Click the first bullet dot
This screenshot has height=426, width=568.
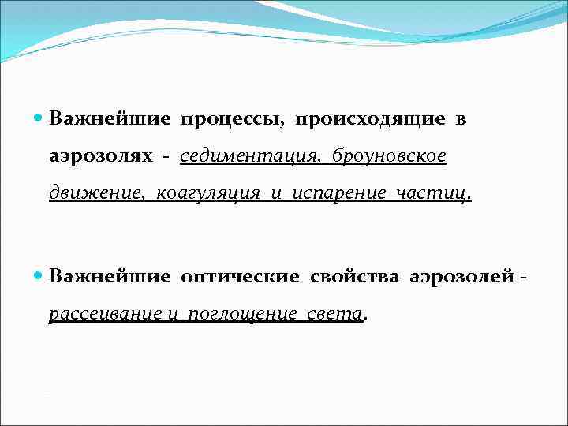coord(40,118)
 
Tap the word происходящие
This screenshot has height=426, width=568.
coord(369,119)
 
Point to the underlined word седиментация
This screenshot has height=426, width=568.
coord(249,156)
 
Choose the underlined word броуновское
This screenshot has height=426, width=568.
coord(390,156)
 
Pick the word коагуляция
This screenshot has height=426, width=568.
coord(208,194)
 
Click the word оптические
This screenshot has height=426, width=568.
coord(240,277)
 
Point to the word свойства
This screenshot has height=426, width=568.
coord(355,277)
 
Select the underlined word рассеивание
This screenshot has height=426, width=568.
coord(105,314)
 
